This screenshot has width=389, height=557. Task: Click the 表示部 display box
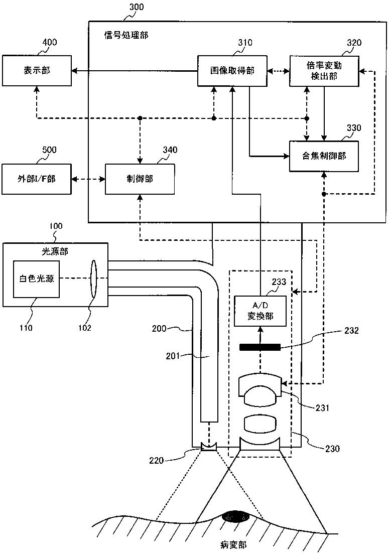coord(37,70)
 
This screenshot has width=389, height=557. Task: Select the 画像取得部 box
coord(232,70)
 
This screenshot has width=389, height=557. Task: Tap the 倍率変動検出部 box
coord(324,71)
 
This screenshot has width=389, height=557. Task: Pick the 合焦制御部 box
coord(324,156)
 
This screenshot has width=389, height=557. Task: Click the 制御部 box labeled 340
coord(140,179)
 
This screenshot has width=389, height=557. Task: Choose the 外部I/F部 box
coord(37,179)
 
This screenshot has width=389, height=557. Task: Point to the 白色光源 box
coord(37,279)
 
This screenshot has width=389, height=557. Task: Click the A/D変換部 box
coord(261,311)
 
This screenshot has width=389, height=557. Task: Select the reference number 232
coord(351,331)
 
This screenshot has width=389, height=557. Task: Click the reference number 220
coord(156,460)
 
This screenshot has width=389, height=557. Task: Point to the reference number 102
coord(84,328)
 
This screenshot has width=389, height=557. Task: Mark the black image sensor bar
coord(260,347)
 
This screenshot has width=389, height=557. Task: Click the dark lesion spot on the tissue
coord(235,517)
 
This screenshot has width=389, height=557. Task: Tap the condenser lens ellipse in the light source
coord(94,279)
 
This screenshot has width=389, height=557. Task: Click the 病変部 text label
coord(233,544)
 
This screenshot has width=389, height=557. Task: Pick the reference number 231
coord(323,407)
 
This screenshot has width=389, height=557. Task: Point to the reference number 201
coord(173,355)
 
